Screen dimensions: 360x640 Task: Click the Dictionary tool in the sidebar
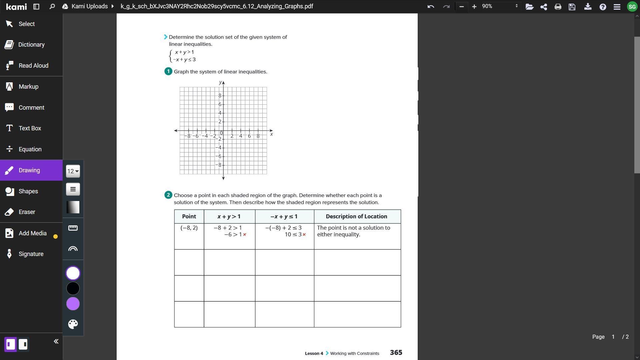click(31, 45)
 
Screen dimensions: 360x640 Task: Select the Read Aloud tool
click(33, 66)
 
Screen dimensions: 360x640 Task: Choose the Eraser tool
click(27, 212)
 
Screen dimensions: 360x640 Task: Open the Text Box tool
click(30, 128)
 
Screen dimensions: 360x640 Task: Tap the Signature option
click(31, 254)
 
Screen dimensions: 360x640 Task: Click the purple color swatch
click(73, 304)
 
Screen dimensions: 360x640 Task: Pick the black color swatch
click(73, 288)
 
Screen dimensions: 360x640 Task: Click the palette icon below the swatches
click(73, 324)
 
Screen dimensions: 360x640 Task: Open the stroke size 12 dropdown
click(73, 171)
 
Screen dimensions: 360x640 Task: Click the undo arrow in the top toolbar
click(431, 6)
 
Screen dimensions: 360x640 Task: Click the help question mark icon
click(603, 6)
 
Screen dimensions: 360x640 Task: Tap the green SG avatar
click(632, 6)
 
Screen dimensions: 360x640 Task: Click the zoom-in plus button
click(474, 6)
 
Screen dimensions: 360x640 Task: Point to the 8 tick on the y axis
click(220, 96)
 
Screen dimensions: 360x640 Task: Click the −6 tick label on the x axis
click(196, 136)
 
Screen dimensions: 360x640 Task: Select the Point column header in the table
click(189, 217)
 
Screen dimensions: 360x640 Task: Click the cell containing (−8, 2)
click(189, 228)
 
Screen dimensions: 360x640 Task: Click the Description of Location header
click(356, 217)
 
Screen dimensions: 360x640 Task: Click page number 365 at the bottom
click(396, 353)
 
